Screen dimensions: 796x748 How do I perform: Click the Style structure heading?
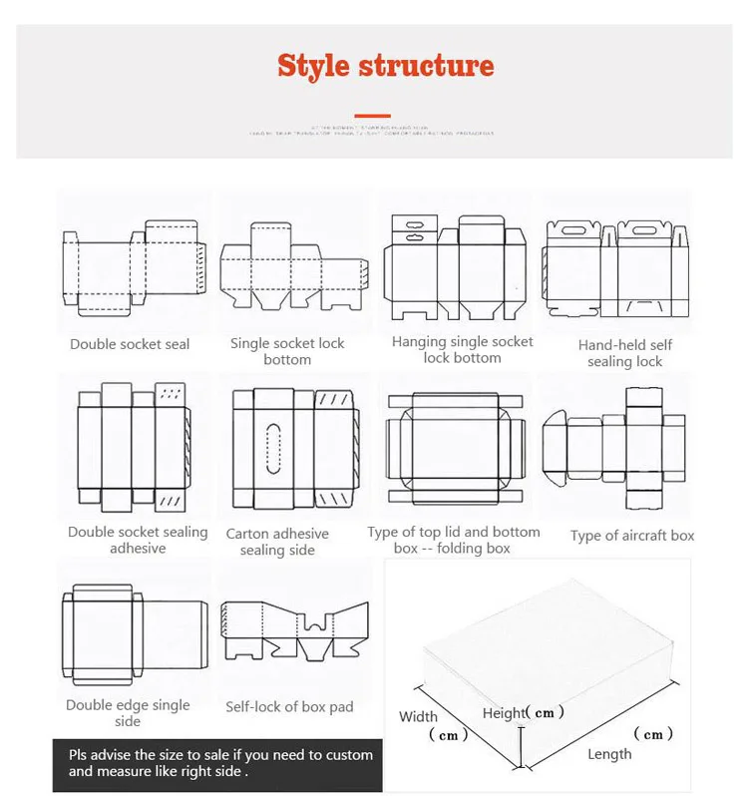coord(385,66)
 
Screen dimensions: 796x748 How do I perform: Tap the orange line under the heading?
coord(373,116)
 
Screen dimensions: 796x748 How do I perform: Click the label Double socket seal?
coord(130,344)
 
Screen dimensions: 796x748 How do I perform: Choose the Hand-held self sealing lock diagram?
coord(616,267)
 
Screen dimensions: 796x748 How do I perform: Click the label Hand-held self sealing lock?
coord(625,353)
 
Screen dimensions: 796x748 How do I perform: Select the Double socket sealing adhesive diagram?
coord(132,445)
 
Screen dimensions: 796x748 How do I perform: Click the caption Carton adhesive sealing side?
coord(277,542)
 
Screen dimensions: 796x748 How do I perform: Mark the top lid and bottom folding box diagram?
coord(454,445)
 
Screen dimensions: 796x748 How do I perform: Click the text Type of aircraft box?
coord(632,536)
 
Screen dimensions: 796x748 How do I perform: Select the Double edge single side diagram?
coord(133,624)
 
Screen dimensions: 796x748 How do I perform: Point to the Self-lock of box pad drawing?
coord(293,630)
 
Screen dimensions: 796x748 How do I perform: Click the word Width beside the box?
coord(419,716)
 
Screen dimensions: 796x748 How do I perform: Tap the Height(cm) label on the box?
coord(524,713)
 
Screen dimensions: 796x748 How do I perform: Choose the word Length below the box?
coord(609,754)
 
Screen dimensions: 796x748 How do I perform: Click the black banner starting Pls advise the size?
coord(217,763)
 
